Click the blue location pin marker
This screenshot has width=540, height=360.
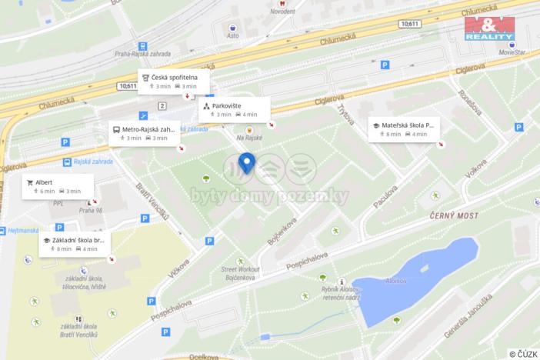coord(247,163)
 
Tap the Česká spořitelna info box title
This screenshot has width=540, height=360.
coord(173,77)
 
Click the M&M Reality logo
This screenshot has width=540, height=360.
coord(488,28)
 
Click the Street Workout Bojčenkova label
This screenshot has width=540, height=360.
coord(241,274)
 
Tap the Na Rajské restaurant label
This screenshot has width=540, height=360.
coord(249,138)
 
